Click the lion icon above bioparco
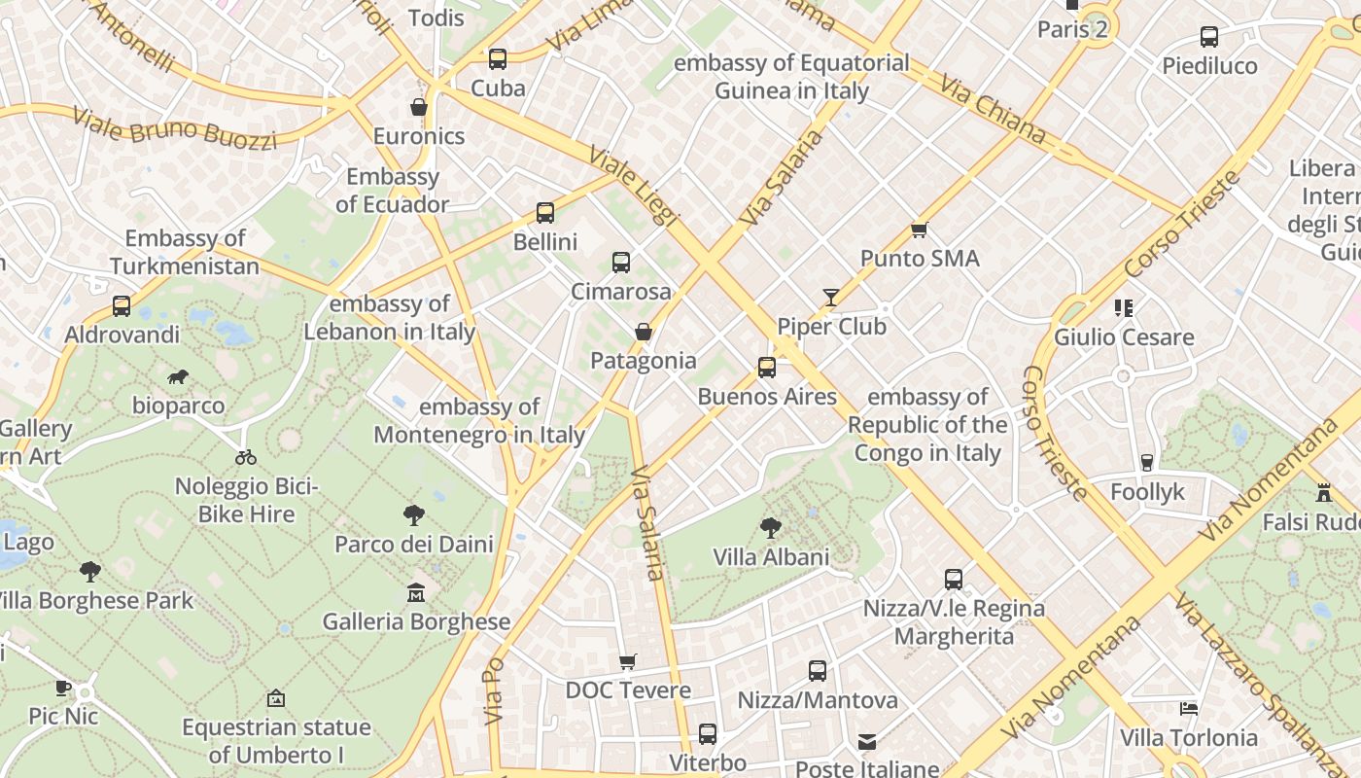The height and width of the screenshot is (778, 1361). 177,377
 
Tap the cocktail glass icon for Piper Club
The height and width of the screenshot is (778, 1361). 831,298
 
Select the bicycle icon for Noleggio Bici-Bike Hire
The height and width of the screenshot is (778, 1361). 246,457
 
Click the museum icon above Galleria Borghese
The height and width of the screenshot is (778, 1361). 416,592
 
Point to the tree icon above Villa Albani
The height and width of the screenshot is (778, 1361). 771,528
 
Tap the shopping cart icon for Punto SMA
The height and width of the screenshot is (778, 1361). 920,230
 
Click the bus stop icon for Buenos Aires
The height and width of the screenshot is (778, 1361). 767,368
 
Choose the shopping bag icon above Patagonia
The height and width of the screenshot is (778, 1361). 643,332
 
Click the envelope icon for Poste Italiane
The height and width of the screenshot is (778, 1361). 867,742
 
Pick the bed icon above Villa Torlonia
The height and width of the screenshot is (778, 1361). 1188,709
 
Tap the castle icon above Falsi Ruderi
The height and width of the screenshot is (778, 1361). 1323,493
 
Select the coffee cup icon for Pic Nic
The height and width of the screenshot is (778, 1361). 63,688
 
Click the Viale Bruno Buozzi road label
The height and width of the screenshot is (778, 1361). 175,129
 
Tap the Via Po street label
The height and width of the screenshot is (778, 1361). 494,690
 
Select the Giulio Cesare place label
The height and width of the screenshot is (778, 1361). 1124,337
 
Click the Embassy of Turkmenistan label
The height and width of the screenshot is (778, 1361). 185,252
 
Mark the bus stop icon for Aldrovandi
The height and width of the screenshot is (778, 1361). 122,306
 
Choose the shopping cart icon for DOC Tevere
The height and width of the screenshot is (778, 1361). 628,661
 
